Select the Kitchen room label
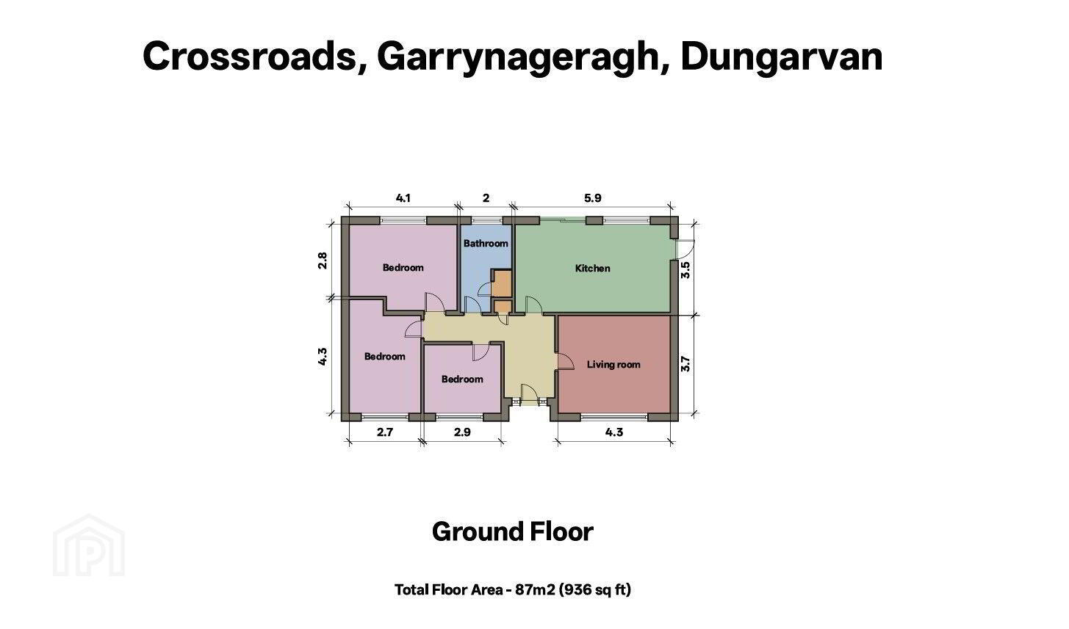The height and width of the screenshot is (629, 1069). click(592, 269)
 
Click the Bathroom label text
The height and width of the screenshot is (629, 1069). click(486, 243)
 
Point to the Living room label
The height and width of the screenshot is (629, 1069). click(613, 365)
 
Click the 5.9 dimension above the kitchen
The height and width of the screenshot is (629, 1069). click(593, 198)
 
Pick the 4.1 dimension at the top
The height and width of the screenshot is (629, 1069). click(403, 198)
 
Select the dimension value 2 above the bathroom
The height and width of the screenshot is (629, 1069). click(486, 198)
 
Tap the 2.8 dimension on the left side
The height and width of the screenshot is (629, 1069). click(323, 261)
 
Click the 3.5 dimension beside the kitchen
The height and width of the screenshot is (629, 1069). click(685, 270)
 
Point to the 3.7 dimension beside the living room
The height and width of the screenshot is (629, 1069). click(685, 364)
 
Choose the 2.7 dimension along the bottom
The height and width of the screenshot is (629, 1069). click(385, 432)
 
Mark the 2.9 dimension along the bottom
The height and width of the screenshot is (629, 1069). click(462, 432)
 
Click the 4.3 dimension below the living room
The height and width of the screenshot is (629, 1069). click(614, 432)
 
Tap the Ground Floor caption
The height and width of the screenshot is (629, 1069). click(513, 531)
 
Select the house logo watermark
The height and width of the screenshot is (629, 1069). click(89, 545)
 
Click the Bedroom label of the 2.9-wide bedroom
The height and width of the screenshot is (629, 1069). click(462, 379)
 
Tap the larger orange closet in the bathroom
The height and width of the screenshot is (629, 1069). click(502, 284)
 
